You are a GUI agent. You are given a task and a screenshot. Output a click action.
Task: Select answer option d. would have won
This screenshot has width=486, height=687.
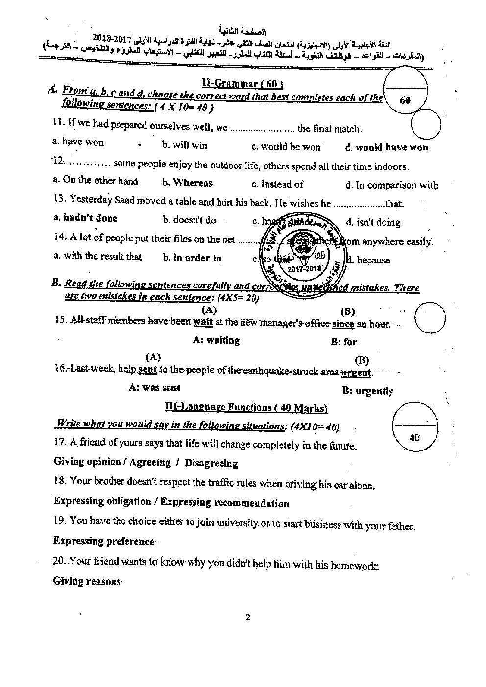386,147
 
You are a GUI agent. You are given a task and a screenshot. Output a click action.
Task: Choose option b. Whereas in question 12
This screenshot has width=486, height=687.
187,183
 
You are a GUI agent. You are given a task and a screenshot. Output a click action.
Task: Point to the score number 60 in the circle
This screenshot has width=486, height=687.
405,101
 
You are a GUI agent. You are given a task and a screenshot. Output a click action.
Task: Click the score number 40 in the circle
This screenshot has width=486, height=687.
414,437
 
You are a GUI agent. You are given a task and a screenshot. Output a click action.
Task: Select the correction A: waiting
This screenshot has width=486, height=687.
216,340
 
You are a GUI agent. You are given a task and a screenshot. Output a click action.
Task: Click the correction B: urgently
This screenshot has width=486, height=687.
368,391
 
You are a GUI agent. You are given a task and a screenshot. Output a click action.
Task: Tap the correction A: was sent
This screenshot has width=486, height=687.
154,387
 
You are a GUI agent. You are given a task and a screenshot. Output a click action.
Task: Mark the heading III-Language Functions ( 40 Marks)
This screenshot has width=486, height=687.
246,407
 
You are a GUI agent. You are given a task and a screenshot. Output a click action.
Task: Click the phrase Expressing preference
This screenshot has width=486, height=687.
104,541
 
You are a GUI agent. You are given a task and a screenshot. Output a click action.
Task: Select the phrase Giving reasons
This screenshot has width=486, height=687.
87,581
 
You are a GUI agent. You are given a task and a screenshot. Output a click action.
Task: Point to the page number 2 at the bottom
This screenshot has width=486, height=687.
248,617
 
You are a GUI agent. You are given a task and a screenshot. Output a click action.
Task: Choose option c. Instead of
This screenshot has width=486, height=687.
277,185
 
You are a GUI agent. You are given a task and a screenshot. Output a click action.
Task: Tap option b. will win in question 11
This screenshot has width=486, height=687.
184,145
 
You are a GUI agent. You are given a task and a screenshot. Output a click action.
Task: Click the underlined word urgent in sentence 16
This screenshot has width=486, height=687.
356,373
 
